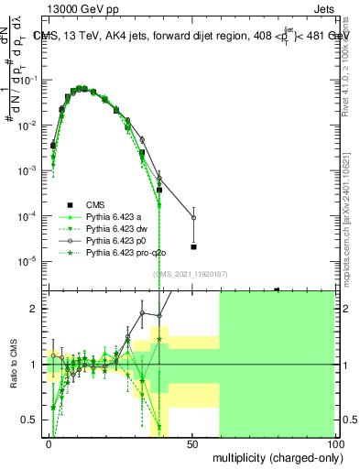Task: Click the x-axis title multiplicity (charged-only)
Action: pyautogui.click(x=274, y=456)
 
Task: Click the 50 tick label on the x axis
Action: pyautogui.click(x=191, y=443)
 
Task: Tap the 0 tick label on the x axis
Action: pyautogui.click(x=49, y=443)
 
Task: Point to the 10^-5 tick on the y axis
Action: pyautogui.click(x=31, y=261)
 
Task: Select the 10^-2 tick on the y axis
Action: pyautogui.click(x=31, y=125)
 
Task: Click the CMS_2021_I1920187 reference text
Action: pyautogui.click(x=191, y=274)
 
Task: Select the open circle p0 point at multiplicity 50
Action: pyautogui.click(x=193, y=217)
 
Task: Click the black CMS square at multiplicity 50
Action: pyautogui.click(x=193, y=246)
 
